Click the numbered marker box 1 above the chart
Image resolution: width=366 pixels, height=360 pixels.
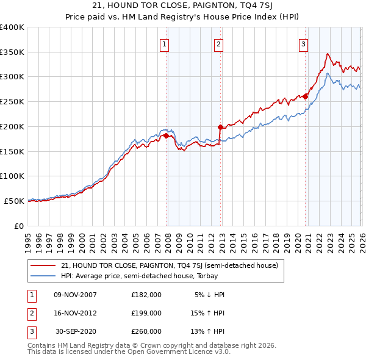tap(165, 43)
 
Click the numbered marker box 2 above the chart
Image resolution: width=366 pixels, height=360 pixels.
tap(218, 43)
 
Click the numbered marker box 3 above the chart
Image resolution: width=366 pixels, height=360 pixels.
tap(303, 43)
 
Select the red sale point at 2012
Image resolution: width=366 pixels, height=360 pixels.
tap(220, 127)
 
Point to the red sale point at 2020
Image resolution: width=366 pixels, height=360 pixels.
tap(305, 96)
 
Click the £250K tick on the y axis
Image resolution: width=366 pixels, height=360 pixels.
tap(12, 102)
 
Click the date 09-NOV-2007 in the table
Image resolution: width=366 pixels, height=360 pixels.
tap(75, 295)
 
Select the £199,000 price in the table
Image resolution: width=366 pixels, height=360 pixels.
tap(146, 313)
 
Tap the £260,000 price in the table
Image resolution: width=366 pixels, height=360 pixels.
tap(146, 331)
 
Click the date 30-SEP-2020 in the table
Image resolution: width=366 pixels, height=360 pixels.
tap(75, 331)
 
